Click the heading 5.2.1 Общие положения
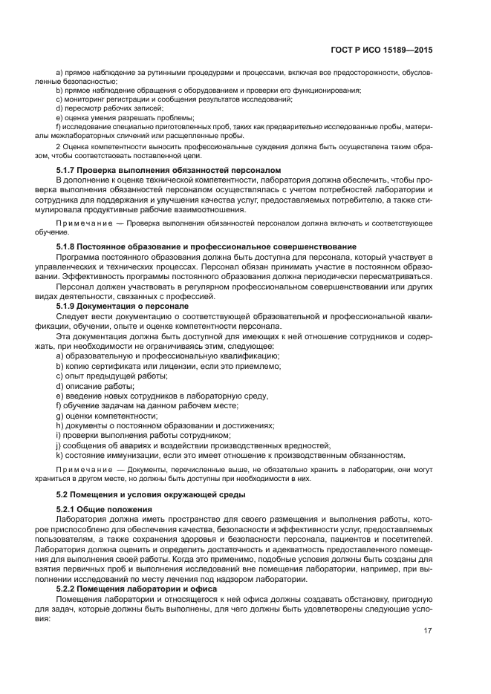pos(104,509)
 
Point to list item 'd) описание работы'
pos(94,386)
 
